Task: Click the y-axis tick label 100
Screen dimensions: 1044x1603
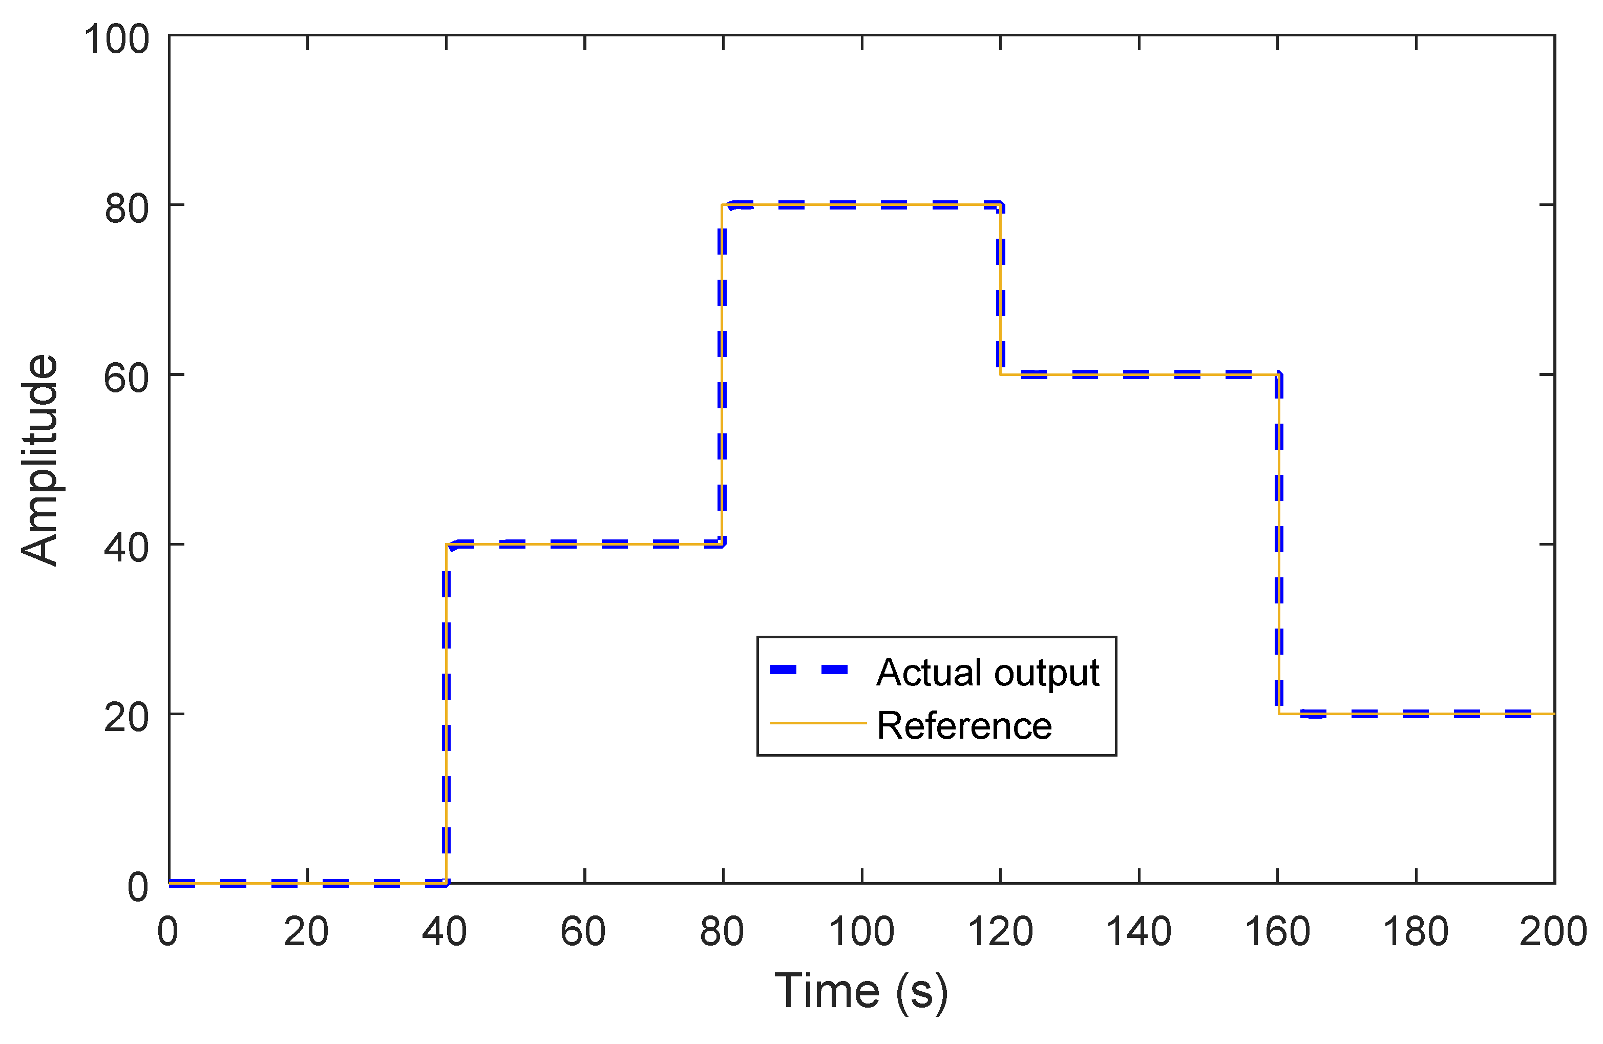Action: [x=116, y=39]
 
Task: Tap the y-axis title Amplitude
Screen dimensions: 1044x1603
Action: [x=39, y=460]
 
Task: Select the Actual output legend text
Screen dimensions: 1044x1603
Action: [x=987, y=672]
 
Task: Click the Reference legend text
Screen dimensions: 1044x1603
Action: [x=964, y=726]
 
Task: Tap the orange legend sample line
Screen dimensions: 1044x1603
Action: [x=818, y=723]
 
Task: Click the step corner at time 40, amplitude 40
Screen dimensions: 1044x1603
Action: [x=446, y=544]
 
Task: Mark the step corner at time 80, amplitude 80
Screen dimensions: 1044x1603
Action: [x=722, y=205]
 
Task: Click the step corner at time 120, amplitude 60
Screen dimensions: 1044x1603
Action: [x=1001, y=374]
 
